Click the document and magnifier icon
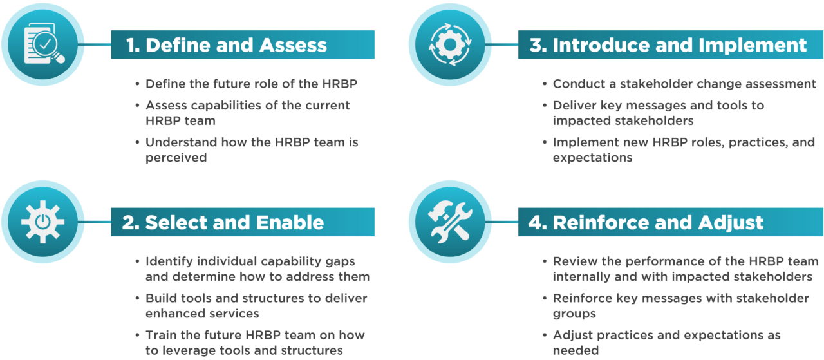[x=43, y=44]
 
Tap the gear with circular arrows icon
[x=450, y=44]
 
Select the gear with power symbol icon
[x=43, y=222]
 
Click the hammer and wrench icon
[x=450, y=222]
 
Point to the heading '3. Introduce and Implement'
[x=668, y=45]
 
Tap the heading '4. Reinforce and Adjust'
[x=646, y=223]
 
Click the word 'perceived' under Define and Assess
[x=176, y=157]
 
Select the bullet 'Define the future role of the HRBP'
[x=251, y=84]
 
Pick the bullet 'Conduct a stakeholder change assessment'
[x=684, y=84]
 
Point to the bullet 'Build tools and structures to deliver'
[x=256, y=298]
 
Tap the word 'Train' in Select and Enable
[x=160, y=335]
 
